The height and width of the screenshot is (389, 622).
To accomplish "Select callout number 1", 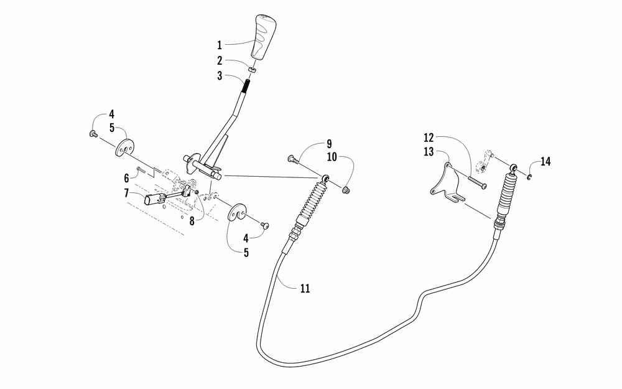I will click(x=219, y=45).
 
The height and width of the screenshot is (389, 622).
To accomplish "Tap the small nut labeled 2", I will click(x=251, y=69).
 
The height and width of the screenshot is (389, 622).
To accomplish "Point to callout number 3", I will click(x=219, y=77).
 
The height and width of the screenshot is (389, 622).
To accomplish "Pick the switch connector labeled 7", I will click(x=154, y=199).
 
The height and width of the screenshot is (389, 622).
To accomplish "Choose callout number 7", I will click(x=126, y=193).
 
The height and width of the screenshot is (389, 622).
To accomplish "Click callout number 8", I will click(x=192, y=220).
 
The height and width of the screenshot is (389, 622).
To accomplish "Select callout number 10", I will click(x=332, y=157).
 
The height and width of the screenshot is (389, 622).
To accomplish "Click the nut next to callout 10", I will click(x=347, y=189).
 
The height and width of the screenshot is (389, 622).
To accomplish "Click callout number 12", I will click(x=428, y=137).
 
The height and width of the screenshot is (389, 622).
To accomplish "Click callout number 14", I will click(x=545, y=162).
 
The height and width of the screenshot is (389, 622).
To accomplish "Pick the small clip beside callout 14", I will click(x=527, y=179).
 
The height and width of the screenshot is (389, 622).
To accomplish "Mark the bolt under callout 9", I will click(x=293, y=160).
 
